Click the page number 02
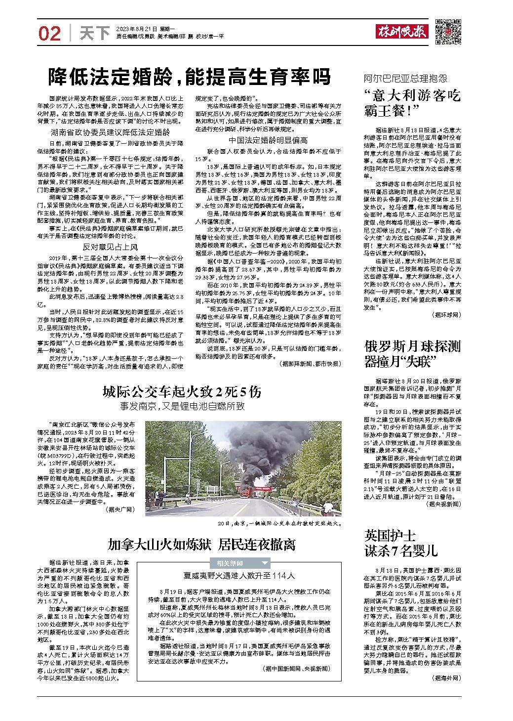(50, 33)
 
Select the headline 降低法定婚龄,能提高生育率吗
(189, 77)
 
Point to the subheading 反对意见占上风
(110, 247)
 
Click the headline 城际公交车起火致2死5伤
(181, 392)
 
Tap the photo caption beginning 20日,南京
(280, 522)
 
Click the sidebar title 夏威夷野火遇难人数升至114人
(239, 576)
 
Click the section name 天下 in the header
(95, 33)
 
